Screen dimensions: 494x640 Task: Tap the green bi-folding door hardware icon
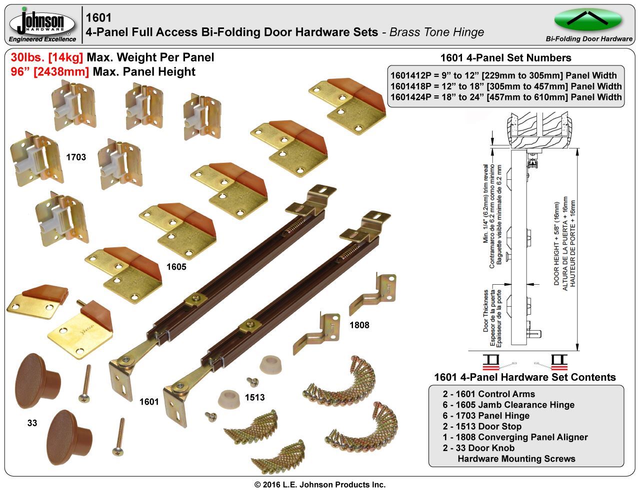[588, 20]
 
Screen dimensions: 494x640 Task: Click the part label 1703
[76, 157]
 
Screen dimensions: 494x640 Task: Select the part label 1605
[176, 267]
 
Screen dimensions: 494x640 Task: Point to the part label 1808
[359, 325]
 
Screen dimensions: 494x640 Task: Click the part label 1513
[254, 398]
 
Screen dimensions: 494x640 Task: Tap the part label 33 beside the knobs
[32, 423]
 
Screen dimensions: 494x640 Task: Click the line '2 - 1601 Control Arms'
[488, 394]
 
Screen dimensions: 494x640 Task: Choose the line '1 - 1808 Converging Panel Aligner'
[515, 437]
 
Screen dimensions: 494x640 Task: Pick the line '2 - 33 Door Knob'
[478, 448]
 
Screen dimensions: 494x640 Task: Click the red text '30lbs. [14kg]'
[47, 57]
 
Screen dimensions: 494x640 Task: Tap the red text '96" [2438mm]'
[50, 71]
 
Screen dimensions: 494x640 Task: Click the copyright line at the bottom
[320, 485]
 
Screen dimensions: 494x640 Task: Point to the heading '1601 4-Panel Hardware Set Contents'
[525, 377]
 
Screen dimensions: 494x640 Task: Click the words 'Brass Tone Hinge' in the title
[436, 32]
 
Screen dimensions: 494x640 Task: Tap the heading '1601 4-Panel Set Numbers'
[505, 58]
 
